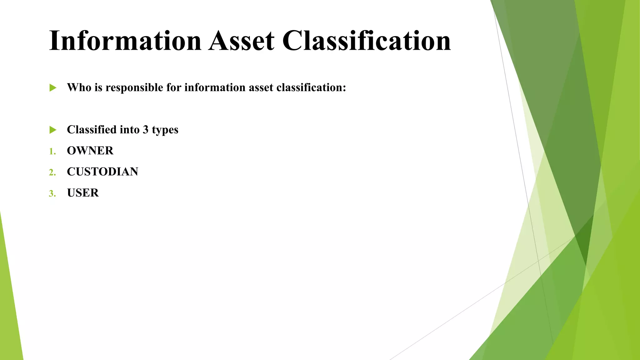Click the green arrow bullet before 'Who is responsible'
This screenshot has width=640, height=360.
point(53,88)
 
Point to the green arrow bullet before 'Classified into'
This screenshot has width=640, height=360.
point(53,130)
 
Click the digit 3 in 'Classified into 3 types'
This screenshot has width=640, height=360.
point(146,129)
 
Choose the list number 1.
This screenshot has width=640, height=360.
point(52,152)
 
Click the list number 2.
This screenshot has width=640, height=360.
point(52,172)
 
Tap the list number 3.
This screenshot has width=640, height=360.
point(52,193)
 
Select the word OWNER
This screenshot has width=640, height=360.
point(90,151)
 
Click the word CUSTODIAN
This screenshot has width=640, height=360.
point(102,172)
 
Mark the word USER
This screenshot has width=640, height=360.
point(83,193)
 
